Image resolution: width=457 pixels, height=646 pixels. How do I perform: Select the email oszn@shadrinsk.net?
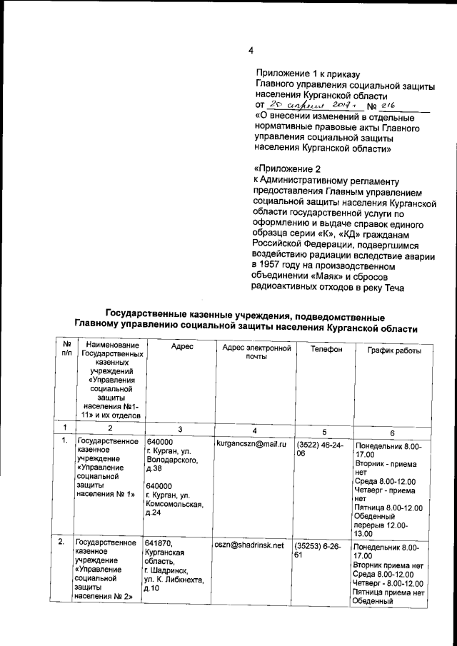(x=248, y=545)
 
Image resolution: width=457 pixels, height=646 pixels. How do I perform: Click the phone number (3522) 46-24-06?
(x=319, y=449)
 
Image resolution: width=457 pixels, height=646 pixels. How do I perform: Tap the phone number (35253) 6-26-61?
(x=319, y=550)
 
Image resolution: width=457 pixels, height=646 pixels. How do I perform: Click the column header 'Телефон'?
(x=326, y=350)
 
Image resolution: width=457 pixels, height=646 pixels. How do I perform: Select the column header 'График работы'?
(x=394, y=350)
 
